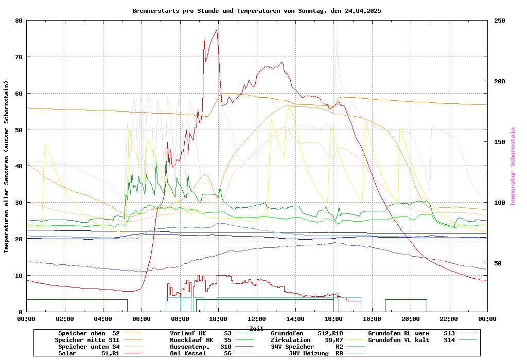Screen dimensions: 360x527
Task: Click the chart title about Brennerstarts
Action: point(256,10)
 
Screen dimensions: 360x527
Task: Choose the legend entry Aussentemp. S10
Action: point(201,347)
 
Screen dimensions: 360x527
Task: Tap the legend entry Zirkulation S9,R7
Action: point(307,340)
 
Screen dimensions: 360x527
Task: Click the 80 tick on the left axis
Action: point(19,21)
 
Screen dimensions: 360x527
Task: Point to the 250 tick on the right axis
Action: point(500,21)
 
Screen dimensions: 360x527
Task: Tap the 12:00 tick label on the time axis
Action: point(256,319)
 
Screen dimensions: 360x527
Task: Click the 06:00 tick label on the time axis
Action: point(142,319)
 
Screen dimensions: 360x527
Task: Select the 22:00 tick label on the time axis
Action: point(449,319)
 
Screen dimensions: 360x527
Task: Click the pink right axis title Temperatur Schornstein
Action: point(513,167)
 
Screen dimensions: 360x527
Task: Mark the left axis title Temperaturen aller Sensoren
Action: point(7,167)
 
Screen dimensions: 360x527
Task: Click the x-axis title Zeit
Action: point(256,328)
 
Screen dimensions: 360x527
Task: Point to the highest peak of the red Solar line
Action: point(217,29)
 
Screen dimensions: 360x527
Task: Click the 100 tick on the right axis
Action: point(500,203)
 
